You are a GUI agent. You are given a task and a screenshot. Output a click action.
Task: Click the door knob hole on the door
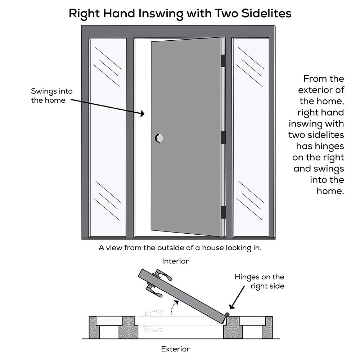159,138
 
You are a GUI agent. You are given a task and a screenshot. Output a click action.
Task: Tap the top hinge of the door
223,60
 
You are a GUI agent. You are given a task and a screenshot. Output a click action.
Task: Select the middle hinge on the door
223,138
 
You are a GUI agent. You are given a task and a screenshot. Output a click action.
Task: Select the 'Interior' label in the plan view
175,261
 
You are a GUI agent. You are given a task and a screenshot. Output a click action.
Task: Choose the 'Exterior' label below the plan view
175,348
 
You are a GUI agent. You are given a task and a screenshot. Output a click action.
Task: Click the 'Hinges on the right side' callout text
259,282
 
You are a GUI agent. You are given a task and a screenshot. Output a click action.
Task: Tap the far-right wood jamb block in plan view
267,327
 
